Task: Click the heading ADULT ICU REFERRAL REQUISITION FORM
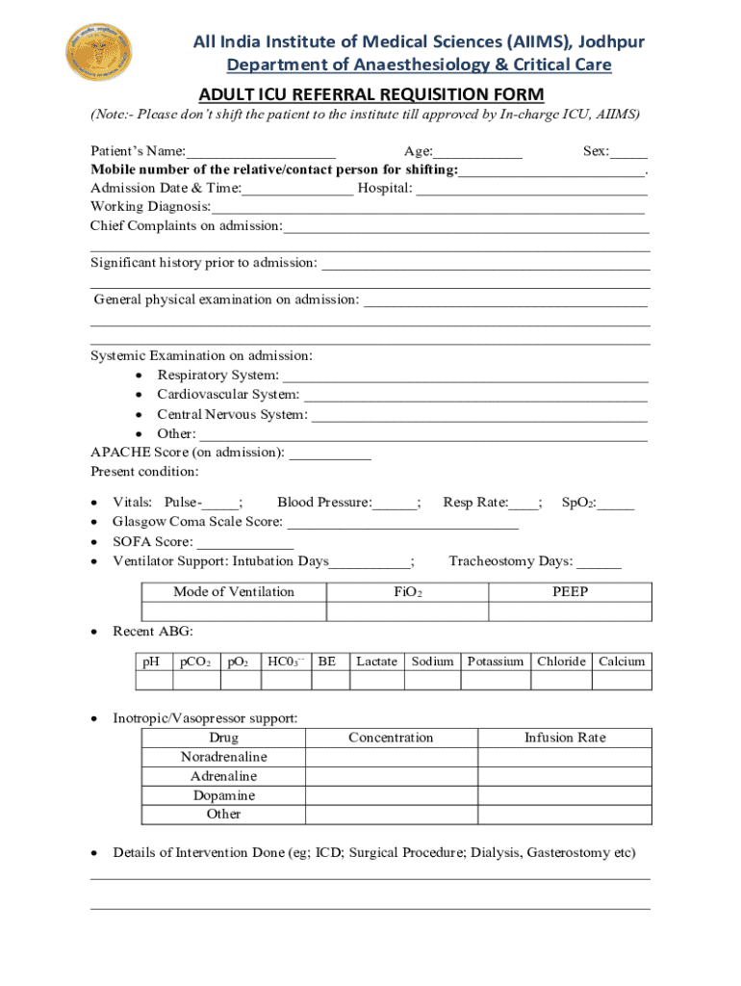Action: coord(370,93)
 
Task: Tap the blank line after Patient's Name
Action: coord(261,152)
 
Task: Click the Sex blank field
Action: coord(628,152)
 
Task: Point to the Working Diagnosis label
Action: coord(150,207)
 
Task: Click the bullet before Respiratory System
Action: coord(141,376)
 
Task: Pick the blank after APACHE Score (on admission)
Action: coord(329,453)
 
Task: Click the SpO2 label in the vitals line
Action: coord(577,503)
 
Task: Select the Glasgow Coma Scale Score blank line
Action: coord(403,522)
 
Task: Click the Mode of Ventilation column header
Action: coord(234,592)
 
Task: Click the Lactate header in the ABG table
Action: coord(376,662)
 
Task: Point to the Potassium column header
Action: coord(496,662)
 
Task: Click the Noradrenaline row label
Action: coord(224,757)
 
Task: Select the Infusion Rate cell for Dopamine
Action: coord(565,795)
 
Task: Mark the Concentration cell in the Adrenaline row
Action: coord(392,776)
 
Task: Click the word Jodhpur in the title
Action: coord(609,41)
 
